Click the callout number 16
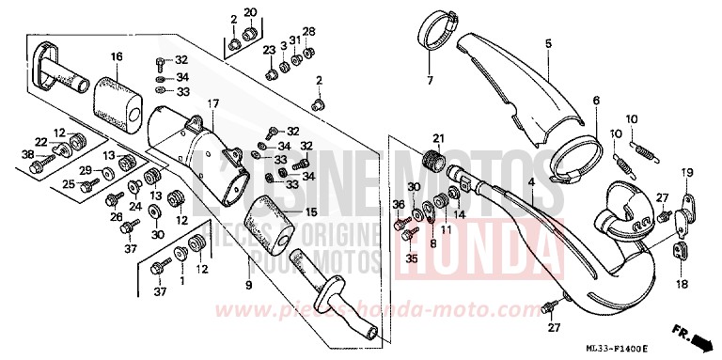(x=117, y=57)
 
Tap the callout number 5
(x=547, y=43)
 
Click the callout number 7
(x=431, y=81)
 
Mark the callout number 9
(x=249, y=283)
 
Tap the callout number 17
(x=213, y=103)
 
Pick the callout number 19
(x=687, y=172)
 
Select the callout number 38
(x=28, y=153)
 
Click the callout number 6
(x=595, y=101)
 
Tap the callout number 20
(x=250, y=12)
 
